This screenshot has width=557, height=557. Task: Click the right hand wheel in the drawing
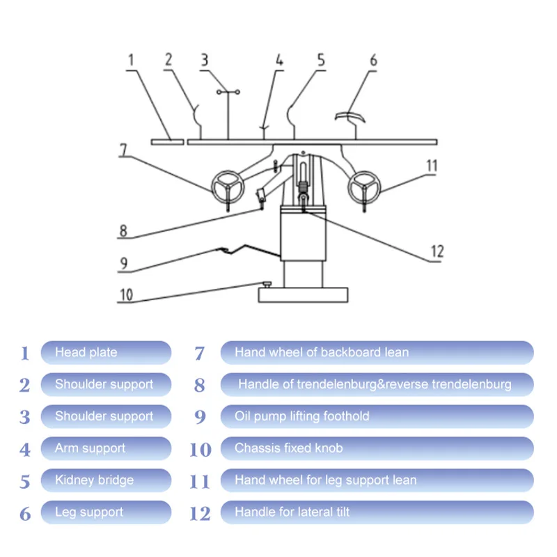pos(363,185)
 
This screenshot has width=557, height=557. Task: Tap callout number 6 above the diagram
pos(373,61)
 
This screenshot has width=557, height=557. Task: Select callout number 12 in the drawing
pos(437,251)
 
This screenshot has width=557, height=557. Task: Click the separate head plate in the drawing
pos(168,141)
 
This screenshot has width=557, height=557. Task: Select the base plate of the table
pos(302,295)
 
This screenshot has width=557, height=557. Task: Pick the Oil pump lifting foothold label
pos(377,416)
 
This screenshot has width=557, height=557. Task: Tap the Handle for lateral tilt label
pos(377,512)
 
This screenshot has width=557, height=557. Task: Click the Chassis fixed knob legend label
pos(377,448)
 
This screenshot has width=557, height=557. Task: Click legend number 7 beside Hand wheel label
pos(199,353)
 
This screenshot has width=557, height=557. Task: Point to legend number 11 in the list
pos(199,481)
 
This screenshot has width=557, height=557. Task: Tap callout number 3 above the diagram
pos(204,61)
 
